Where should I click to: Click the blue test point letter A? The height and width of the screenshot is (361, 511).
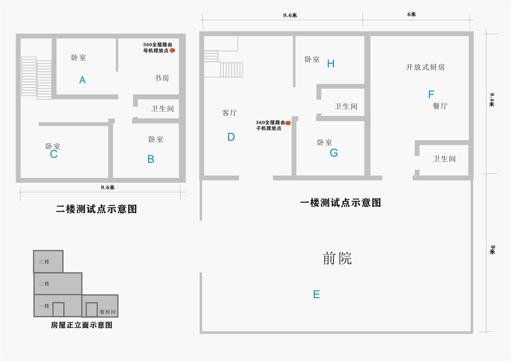[x=82, y=80]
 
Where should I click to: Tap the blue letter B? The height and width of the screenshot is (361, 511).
[x=151, y=159]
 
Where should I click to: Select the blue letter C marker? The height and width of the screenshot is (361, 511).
[x=54, y=154]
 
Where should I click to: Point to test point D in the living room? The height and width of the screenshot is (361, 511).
[x=231, y=137]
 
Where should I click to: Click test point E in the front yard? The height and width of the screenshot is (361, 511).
[x=316, y=295]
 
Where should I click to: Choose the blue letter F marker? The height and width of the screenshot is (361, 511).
[x=431, y=95]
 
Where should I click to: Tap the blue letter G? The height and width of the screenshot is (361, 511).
[x=334, y=153]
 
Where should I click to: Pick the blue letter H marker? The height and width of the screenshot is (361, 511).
[x=331, y=64]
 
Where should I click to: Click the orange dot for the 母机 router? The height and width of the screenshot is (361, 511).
[x=172, y=51]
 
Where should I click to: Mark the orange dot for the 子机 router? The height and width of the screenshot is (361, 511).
[x=288, y=123]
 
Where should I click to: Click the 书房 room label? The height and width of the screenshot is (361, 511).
[x=161, y=78]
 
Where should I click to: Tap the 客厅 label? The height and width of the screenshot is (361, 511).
[x=229, y=113]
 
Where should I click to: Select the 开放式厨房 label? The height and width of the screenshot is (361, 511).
[x=425, y=67]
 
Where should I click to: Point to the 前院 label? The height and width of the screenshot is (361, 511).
[x=337, y=258]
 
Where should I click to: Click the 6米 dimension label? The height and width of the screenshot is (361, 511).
[x=411, y=14]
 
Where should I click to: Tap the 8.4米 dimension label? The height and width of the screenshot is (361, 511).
[x=492, y=100]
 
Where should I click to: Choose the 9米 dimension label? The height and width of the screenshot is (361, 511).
[x=492, y=250]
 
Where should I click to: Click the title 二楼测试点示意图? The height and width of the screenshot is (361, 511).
[x=97, y=209]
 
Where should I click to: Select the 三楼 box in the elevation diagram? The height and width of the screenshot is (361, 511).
[x=48, y=261]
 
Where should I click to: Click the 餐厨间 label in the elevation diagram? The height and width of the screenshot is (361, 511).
[x=107, y=312]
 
